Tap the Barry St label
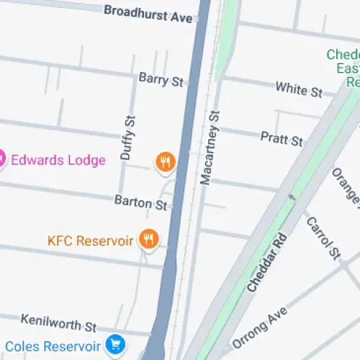coord(161,78)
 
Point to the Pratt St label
coord(282,138)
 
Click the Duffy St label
coord(127,138)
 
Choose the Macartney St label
coord(209,148)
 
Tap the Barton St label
coord(140,203)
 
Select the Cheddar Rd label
coord(266,262)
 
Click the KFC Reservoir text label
coord(90,240)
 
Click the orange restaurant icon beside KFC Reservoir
coord(149,239)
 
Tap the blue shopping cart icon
coord(114,345)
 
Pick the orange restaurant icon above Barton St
coord(165,162)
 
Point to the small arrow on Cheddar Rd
coord(292,196)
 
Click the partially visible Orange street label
coord(346,186)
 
